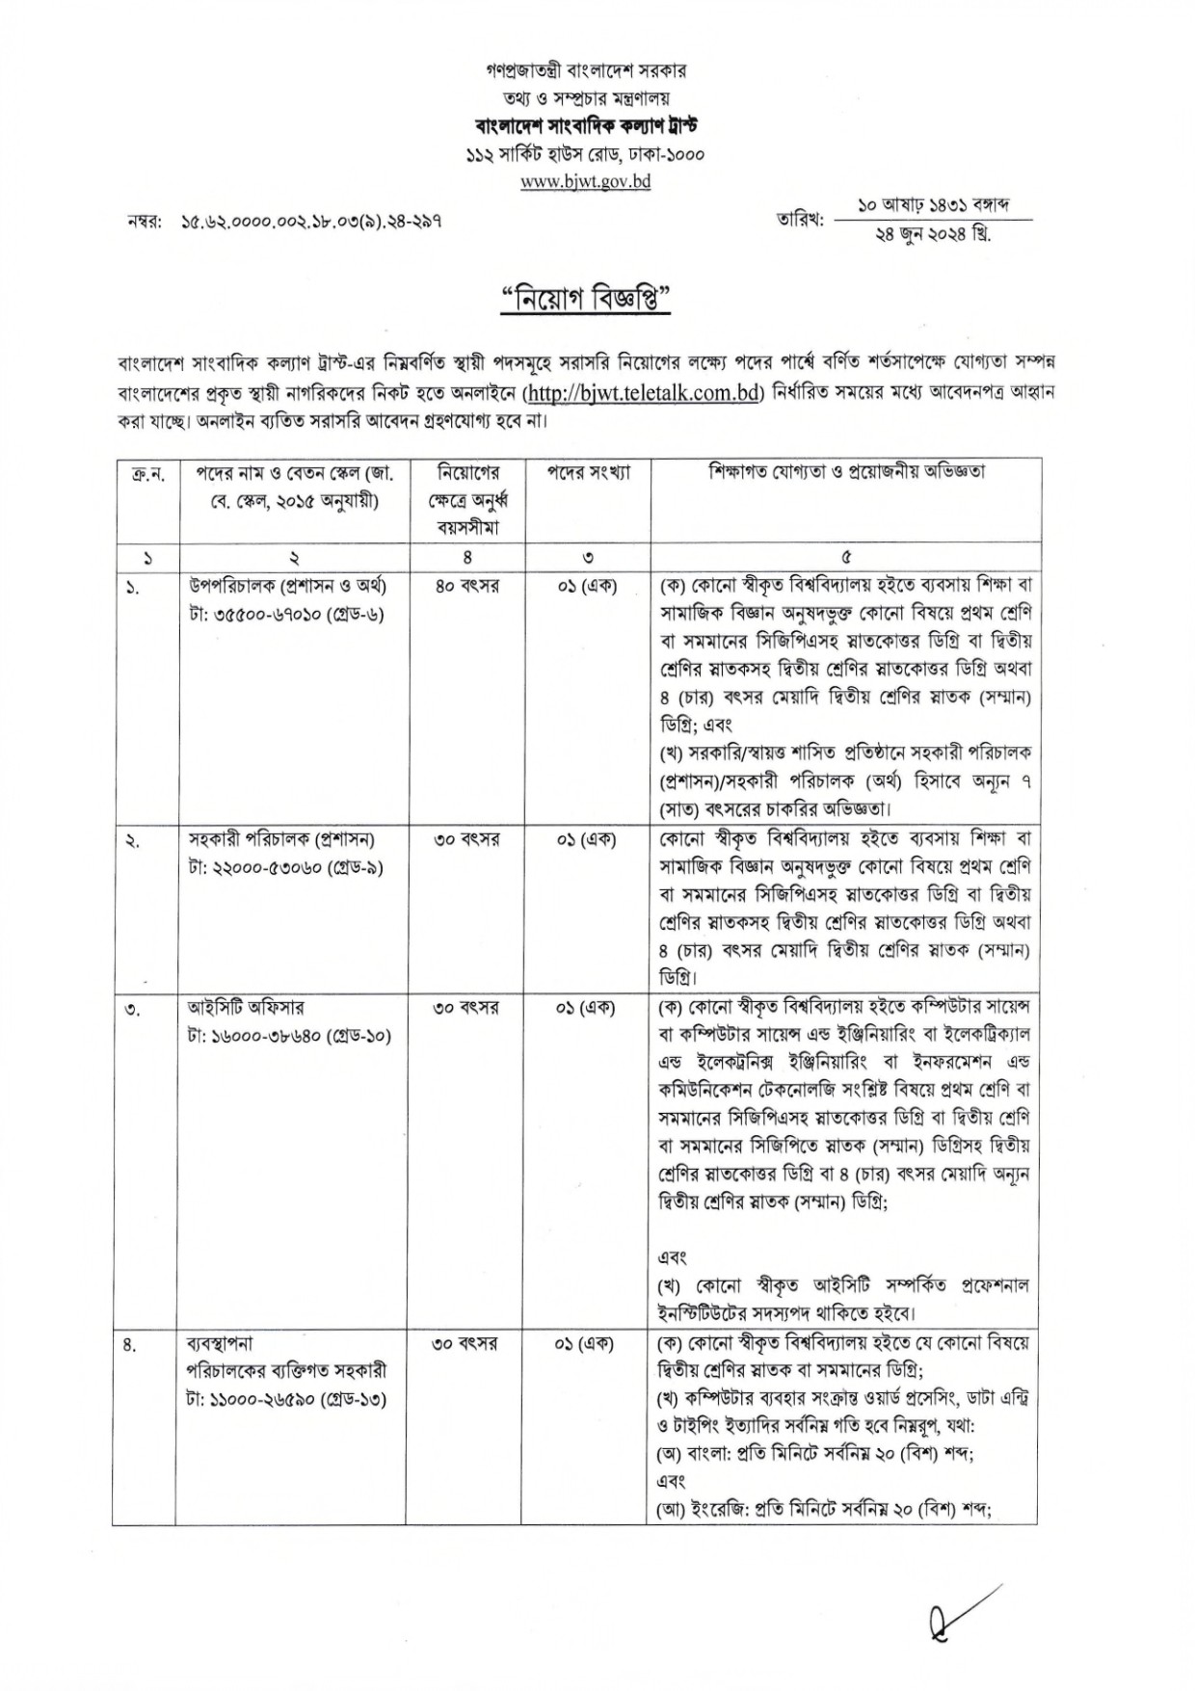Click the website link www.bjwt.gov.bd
(585, 181)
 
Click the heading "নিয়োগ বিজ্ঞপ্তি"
(585, 300)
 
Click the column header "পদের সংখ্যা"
(589, 473)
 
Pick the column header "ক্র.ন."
(146, 473)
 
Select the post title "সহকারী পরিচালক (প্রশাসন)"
(281, 839)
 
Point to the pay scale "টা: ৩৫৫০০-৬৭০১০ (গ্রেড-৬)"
(287, 613)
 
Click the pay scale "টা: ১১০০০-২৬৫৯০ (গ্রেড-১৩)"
(287, 1398)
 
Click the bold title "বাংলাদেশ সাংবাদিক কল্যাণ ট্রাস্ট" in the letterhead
(585, 125)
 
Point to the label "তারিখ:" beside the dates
(800, 221)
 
